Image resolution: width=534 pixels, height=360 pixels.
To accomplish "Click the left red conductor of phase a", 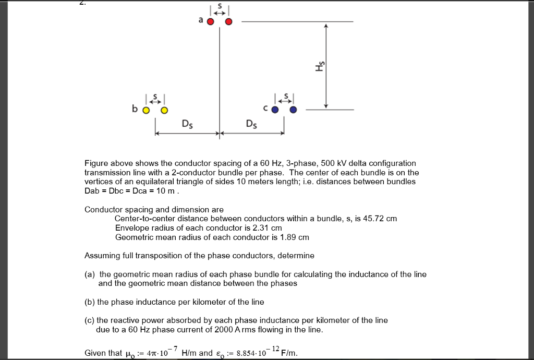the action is click(x=210, y=22).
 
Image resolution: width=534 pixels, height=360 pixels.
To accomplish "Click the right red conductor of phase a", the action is click(x=228, y=22).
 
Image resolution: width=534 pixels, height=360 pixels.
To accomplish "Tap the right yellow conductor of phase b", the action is click(x=165, y=110).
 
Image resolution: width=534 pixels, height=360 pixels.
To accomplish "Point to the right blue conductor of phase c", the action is click(x=293, y=110).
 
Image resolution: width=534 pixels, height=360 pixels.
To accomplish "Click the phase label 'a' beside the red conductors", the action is click(x=200, y=21).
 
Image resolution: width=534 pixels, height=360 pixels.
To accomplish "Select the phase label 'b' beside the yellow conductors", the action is click(x=135, y=110).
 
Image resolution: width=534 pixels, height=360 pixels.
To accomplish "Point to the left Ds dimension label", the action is click(x=186, y=124).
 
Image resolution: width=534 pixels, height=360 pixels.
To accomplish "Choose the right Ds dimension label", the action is click(x=251, y=124).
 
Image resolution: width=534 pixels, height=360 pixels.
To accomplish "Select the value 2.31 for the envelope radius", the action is click(x=260, y=228).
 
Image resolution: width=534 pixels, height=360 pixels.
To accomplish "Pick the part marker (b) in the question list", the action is click(x=90, y=302).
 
